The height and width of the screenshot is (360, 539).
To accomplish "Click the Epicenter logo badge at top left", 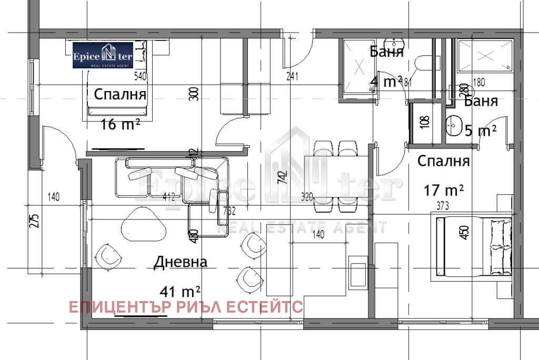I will pyautogui.click(x=103, y=55).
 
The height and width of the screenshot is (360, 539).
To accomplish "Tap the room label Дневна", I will pyautogui.click(x=181, y=262).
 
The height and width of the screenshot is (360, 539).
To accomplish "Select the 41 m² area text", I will pyautogui.click(x=180, y=291).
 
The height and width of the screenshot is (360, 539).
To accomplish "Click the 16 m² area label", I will pyautogui.click(x=121, y=124).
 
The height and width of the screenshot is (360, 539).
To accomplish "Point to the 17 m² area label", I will pyautogui.click(x=444, y=189).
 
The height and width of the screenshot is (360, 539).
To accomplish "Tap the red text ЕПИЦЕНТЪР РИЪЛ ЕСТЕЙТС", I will pyautogui.click(x=186, y=306).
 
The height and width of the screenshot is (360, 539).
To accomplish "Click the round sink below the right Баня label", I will pyautogui.click(x=454, y=126).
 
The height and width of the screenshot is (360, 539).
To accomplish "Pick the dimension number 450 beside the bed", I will pyautogui.click(x=464, y=232).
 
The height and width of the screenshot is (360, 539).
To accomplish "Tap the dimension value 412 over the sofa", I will pyautogui.click(x=168, y=197).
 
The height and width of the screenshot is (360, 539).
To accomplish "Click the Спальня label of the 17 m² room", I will pyautogui.click(x=443, y=162).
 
